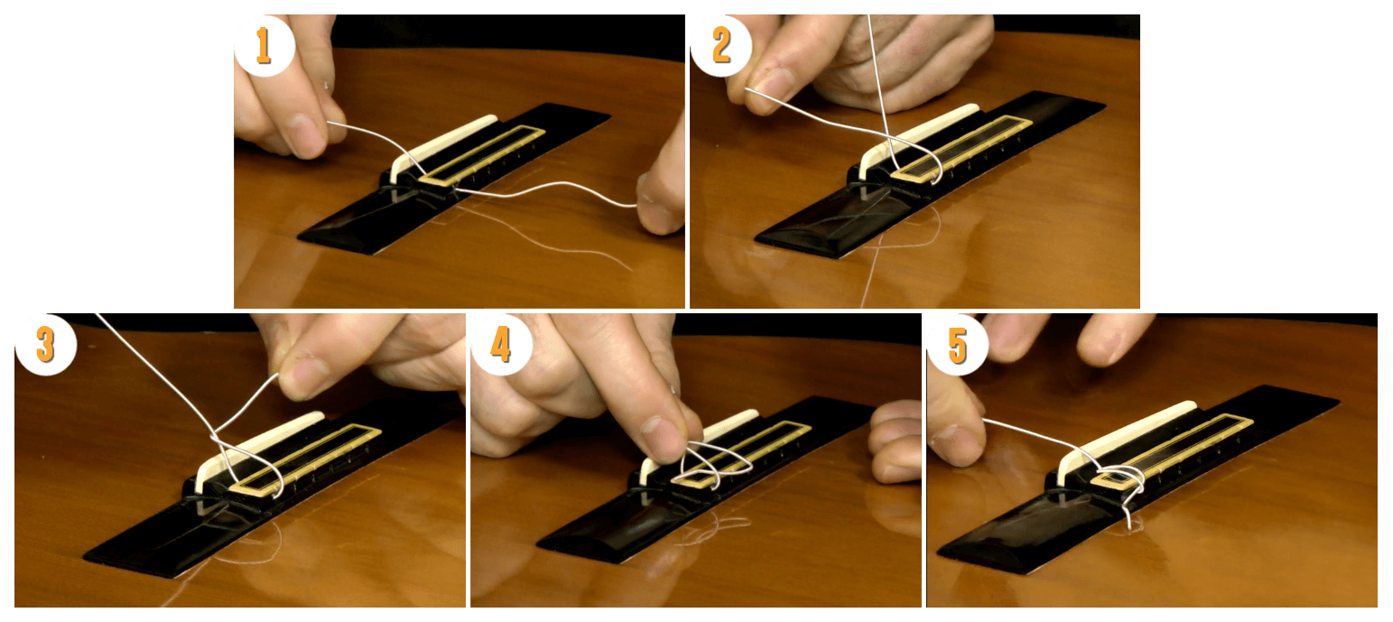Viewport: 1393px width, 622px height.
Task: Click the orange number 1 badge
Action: (x=265, y=45)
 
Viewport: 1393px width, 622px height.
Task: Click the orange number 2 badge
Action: (x=721, y=45)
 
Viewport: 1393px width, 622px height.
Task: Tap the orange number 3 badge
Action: (x=45, y=344)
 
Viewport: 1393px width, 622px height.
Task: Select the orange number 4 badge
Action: (x=501, y=344)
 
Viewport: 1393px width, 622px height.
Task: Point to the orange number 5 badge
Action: (x=958, y=344)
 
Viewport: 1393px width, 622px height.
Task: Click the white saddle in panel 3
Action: (x=255, y=449)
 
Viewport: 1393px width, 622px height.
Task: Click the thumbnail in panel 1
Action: (x=306, y=134)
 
